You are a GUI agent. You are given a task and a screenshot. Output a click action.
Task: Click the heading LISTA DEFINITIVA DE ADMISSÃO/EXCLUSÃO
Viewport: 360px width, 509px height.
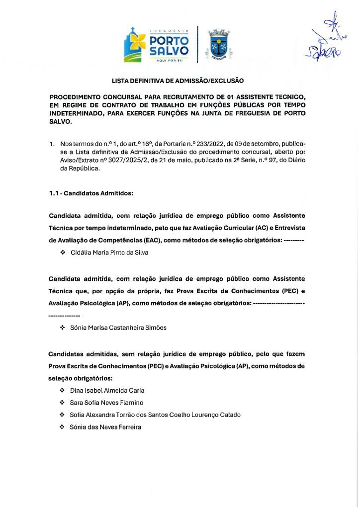point(178,80)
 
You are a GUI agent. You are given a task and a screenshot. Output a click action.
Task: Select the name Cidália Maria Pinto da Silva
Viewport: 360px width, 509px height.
point(109,253)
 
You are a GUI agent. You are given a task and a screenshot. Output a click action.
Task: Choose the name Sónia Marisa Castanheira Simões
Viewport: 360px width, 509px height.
point(118,328)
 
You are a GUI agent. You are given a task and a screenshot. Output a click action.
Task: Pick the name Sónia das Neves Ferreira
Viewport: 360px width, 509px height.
point(106,426)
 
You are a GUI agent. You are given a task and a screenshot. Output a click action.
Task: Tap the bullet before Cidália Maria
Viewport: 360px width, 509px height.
point(63,253)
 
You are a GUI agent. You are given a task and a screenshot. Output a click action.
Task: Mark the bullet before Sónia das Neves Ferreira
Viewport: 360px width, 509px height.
point(63,426)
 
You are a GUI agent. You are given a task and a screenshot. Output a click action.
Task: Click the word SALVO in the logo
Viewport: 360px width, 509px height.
point(169,50)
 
